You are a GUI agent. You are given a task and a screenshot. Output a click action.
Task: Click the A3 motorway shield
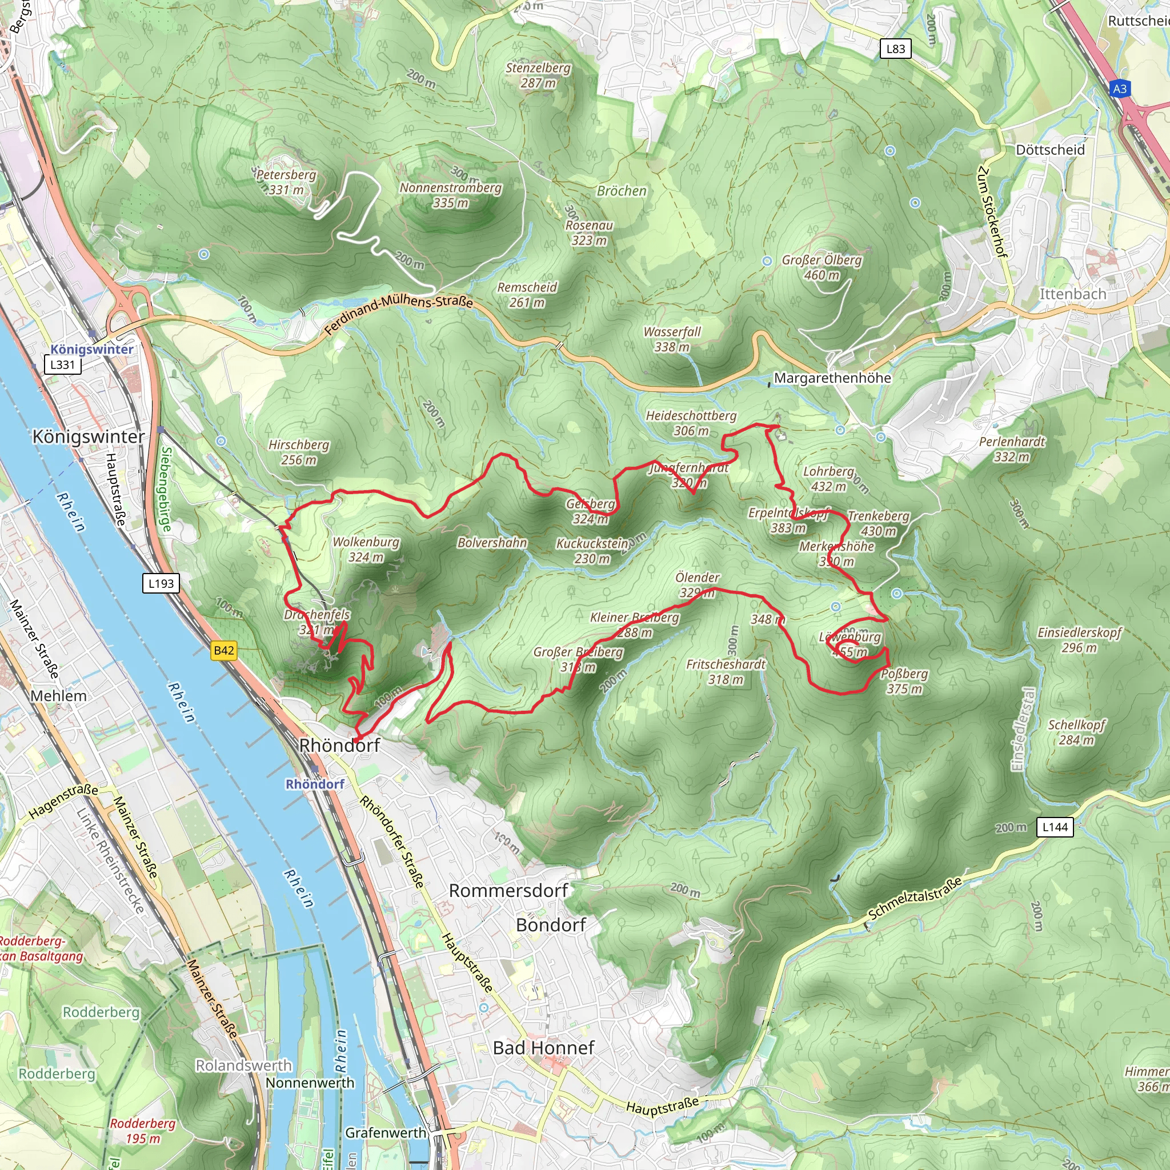[1120, 89]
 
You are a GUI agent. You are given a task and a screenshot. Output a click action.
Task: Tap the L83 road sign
[895, 49]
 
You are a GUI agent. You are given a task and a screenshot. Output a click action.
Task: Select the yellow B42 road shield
[223, 650]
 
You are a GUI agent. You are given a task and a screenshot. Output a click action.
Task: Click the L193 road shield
[161, 583]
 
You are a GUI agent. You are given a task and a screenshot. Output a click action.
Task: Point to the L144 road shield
[1055, 827]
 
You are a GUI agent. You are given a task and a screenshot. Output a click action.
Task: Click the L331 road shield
[62, 364]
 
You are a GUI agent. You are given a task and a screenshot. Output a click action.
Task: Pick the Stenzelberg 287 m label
[538, 75]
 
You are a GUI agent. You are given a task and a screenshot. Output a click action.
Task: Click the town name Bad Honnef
[543, 1048]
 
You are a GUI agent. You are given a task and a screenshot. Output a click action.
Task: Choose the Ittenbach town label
[1072, 294]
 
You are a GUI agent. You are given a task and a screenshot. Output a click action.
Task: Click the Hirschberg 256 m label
[299, 452]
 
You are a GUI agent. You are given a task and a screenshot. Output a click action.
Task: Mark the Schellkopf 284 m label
[1077, 732]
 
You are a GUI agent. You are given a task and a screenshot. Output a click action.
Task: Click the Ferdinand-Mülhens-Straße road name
[399, 315]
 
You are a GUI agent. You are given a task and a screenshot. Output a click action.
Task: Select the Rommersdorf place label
[508, 890]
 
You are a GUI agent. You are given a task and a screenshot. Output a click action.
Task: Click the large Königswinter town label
[89, 436]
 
